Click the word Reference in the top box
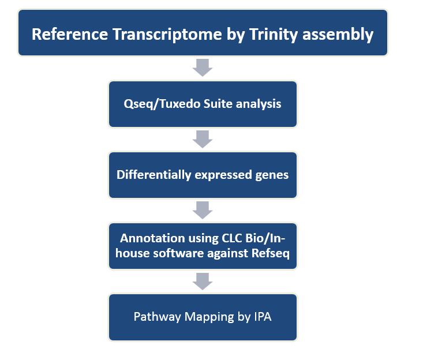point(70,34)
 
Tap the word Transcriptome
point(167,35)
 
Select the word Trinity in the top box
point(274,35)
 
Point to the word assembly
point(338,35)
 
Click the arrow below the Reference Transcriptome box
point(203,67)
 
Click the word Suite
point(218,103)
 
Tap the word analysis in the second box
point(259,104)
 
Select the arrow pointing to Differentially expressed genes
point(203,139)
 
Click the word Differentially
point(154,175)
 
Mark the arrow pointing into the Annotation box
point(203,210)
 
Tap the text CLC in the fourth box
point(232,238)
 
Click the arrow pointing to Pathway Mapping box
point(203,282)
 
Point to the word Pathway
point(157,317)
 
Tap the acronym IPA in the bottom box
point(263,317)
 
